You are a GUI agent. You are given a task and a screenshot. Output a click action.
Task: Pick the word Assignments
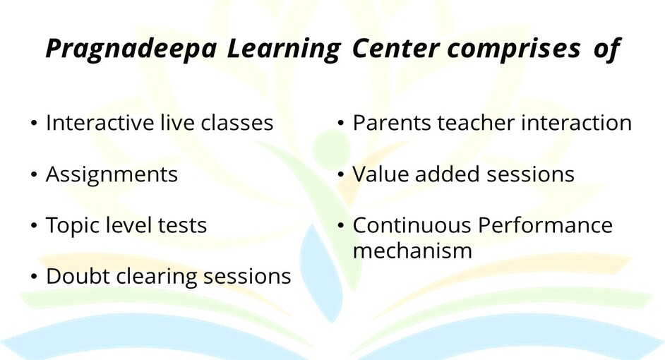coord(112,175)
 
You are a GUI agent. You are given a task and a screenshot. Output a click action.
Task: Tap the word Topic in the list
coord(73,226)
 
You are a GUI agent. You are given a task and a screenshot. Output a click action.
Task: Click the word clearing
coord(157,277)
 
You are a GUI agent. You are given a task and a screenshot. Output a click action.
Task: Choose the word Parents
coord(392,123)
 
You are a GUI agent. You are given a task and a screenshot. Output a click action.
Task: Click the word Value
coord(381,174)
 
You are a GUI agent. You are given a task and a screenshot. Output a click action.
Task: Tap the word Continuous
coord(412,225)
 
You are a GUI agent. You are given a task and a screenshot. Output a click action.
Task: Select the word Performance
coord(546,225)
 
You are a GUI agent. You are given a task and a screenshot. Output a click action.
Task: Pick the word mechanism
coord(412,251)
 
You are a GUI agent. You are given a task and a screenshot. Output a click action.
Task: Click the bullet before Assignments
coord(34,174)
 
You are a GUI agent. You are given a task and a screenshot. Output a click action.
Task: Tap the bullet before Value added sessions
coord(340,174)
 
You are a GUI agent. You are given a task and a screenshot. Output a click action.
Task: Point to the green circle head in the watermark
coord(331,148)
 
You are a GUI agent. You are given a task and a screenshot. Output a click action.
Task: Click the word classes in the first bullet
coord(236,123)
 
